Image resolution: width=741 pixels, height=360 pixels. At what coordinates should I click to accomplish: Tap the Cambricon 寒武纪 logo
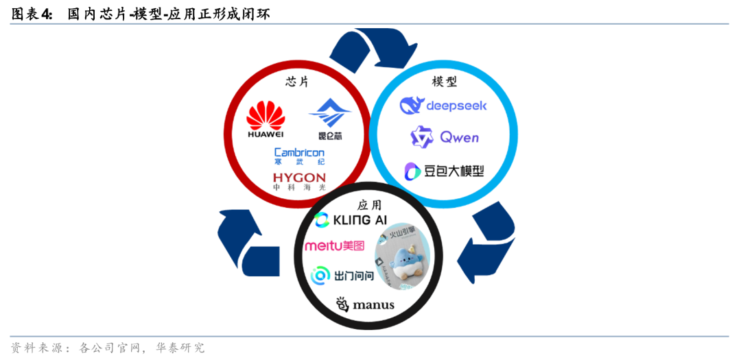[299, 156]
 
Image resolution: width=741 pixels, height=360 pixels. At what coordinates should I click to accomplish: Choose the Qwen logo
[444, 137]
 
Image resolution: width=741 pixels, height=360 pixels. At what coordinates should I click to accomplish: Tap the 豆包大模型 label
[444, 171]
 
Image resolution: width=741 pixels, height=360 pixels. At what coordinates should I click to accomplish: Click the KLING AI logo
[350, 220]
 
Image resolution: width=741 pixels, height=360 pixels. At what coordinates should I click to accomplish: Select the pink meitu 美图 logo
[334, 245]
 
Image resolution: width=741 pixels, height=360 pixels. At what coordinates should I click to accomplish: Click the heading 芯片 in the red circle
[297, 82]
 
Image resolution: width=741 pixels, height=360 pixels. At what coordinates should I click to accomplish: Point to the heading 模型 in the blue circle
[444, 82]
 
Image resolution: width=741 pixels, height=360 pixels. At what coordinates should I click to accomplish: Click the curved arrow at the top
[364, 48]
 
